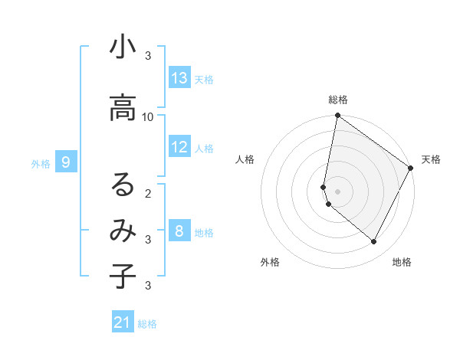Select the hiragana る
(123, 185)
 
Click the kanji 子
(123, 277)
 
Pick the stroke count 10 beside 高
(148, 116)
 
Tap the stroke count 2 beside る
(148, 193)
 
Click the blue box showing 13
(179, 78)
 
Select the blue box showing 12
(179, 147)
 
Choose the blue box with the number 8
(179, 231)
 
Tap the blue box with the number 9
(67, 162)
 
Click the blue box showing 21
(123, 322)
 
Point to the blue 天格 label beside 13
(204, 79)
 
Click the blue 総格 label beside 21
(147, 324)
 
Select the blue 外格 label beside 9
(41, 163)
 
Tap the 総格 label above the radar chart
(338, 100)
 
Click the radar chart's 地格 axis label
(402, 262)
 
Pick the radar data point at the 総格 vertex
(337, 116)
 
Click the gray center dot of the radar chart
(337, 191)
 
